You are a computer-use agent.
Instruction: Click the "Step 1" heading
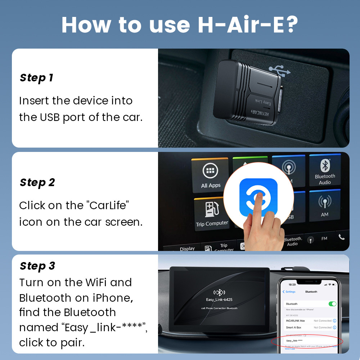[36, 78]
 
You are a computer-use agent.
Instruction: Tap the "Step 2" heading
[37, 183]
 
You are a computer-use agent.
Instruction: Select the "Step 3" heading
[37, 266]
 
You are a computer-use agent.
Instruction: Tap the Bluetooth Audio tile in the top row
[325, 172]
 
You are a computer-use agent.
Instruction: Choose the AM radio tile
[324, 207]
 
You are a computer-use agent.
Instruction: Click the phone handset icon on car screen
[341, 237]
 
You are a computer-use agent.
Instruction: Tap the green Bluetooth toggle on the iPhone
[332, 304]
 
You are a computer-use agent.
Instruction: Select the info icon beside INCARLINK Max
[334, 321]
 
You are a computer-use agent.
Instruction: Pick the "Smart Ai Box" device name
[294, 328]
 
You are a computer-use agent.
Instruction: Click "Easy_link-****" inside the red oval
[294, 341]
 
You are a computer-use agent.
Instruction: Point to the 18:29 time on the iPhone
[292, 284]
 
